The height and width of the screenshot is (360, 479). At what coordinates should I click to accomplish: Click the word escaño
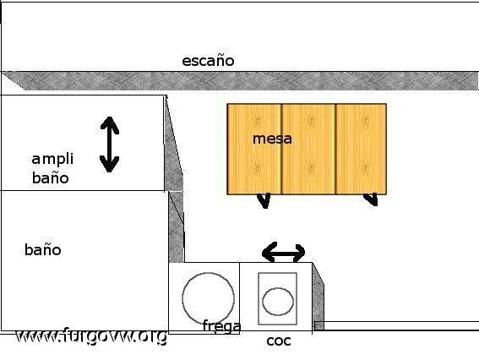point(208,61)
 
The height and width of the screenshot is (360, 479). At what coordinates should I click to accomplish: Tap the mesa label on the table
point(272,139)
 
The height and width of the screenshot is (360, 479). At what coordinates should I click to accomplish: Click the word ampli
point(52,159)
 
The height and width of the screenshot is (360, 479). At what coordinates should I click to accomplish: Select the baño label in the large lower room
point(43,249)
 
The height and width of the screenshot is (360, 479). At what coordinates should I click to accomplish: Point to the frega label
point(222,326)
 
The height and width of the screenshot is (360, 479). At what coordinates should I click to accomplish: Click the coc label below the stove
point(279,341)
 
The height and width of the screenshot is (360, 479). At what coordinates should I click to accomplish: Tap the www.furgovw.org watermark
point(91,336)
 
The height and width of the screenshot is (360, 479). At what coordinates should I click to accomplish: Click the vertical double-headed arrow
point(109,145)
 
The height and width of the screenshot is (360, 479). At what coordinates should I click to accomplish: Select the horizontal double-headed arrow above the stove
point(284,253)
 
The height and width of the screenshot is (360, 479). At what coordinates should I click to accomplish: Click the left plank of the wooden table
point(254,149)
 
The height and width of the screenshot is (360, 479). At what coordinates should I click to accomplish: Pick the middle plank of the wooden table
point(308,149)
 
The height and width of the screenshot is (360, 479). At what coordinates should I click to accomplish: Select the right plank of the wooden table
point(361,149)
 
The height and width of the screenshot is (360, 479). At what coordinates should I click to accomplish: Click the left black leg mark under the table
point(264,200)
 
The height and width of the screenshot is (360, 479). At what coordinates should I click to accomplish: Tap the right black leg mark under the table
point(371,199)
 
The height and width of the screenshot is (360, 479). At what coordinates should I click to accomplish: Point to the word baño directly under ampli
point(51,178)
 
